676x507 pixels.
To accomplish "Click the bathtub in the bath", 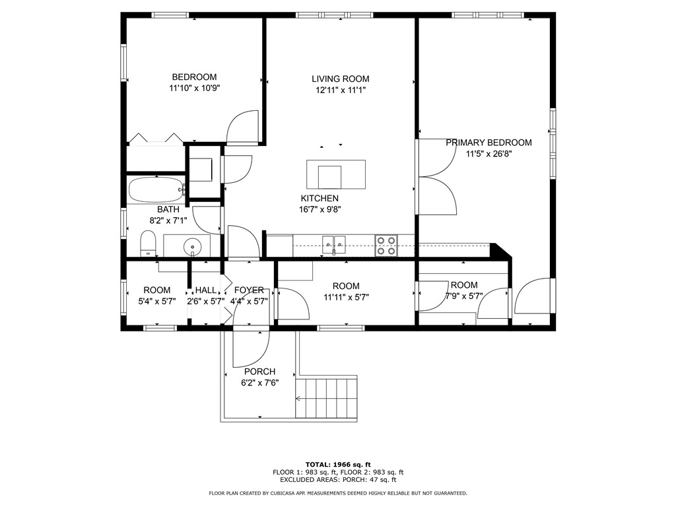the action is (x=156, y=189).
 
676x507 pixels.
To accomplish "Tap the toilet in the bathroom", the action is (x=147, y=243).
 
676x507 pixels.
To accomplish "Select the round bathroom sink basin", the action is (x=192, y=247).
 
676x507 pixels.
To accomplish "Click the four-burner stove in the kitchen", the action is (x=386, y=246).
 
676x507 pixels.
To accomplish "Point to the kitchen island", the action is (x=336, y=174).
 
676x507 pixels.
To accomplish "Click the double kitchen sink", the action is (x=333, y=244).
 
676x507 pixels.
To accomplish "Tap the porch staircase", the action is (x=327, y=398).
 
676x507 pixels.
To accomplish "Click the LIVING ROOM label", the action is (x=341, y=79).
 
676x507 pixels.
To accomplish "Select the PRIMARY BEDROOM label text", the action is (x=489, y=143).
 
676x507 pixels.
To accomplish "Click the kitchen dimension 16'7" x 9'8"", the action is (x=320, y=210).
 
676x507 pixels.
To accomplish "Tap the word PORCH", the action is (x=259, y=372).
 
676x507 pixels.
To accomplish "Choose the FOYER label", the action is (x=249, y=290).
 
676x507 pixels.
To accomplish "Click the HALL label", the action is (x=206, y=290).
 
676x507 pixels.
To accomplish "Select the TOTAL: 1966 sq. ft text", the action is (x=338, y=464).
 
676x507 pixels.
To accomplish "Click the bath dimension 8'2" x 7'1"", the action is (x=168, y=220).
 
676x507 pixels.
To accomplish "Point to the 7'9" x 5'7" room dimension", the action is (x=464, y=296).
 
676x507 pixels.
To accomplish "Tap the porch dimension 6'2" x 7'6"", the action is (x=259, y=383).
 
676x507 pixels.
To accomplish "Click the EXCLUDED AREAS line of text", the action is (x=338, y=479).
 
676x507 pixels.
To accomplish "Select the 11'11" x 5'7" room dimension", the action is (x=346, y=297).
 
